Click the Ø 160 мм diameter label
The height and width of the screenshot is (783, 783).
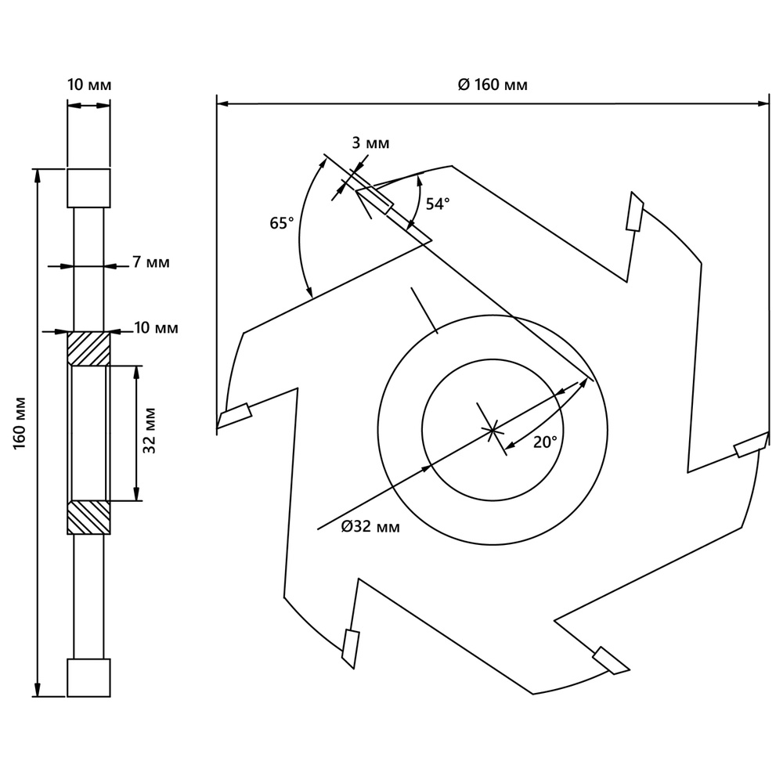tap(493, 85)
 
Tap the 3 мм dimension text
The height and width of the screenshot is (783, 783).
tap(370, 143)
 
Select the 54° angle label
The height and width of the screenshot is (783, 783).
tap(438, 204)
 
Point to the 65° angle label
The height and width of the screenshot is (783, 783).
tap(282, 223)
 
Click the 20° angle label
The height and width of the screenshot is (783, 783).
tap(545, 442)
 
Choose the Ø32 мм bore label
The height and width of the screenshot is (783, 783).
tap(370, 527)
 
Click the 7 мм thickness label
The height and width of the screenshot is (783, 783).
tap(150, 262)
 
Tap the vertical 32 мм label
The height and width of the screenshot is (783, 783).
tap(150, 431)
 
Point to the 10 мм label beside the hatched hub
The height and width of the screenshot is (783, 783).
tap(156, 328)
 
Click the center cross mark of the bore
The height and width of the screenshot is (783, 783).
tap(491, 429)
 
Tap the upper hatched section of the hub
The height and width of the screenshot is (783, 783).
tap(88, 348)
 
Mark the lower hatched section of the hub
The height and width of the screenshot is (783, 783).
tap(88, 518)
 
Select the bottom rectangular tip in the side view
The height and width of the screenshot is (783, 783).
tap(88, 677)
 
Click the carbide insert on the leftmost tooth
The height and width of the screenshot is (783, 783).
tap(234, 415)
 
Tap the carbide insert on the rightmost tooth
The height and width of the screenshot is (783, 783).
tap(750, 444)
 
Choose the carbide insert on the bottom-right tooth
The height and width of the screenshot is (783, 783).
tap(611, 659)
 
